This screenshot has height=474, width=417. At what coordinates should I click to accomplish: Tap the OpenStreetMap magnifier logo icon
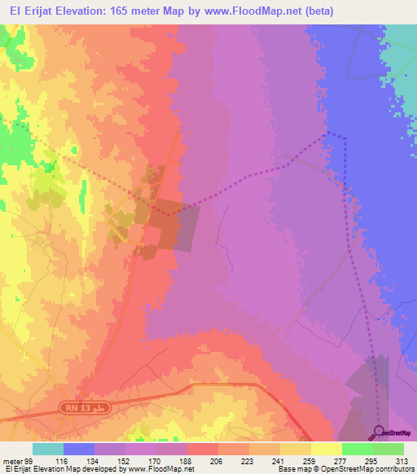point(380,432)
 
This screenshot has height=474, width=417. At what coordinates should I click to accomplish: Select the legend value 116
point(61,460)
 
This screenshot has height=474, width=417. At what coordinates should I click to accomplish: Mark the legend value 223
point(246,460)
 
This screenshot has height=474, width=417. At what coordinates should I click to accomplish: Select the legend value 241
point(277,460)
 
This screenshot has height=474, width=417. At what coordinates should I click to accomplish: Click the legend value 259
point(308,460)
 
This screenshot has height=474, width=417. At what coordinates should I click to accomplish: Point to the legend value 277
point(339,460)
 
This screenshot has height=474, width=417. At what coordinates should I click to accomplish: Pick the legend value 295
point(370,460)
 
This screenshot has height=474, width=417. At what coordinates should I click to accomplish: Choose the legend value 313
point(400,460)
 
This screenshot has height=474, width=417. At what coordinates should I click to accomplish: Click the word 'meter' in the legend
point(11,460)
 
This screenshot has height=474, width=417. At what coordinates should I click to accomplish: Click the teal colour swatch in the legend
point(48,449)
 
